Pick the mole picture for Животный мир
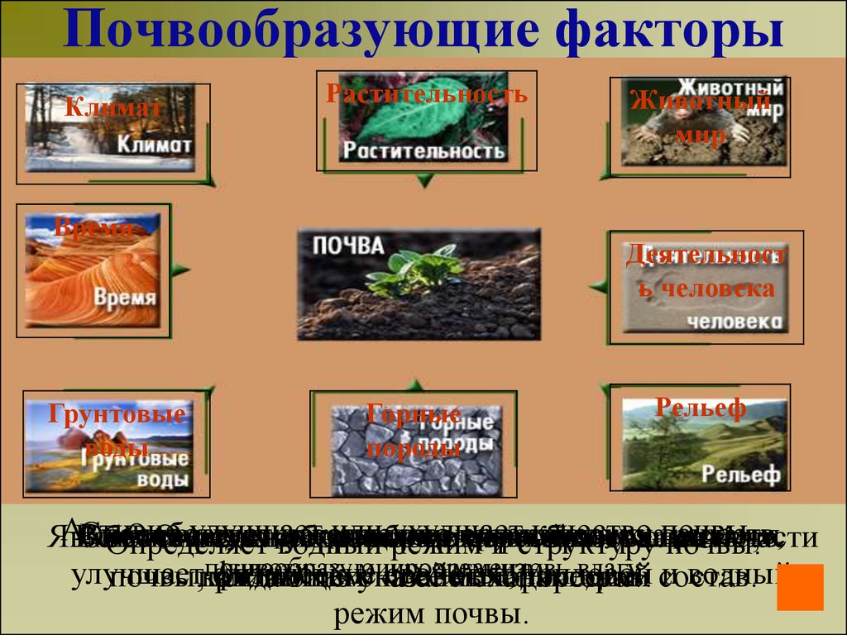pyautogui.click(x=703, y=132)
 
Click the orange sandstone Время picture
pyautogui.click(x=91, y=273)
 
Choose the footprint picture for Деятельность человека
pyautogui.click(x=703, y=289)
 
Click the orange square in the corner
pyautogui.click(x=800, y=587)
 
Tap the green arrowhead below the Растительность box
pyautogui.click(x=423, y=179)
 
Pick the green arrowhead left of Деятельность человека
pyautogui.click(x=598, y=286)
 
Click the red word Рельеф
pyautogui.click(x=701, y=407)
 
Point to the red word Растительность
pyautogui.click(x=426, y=93)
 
